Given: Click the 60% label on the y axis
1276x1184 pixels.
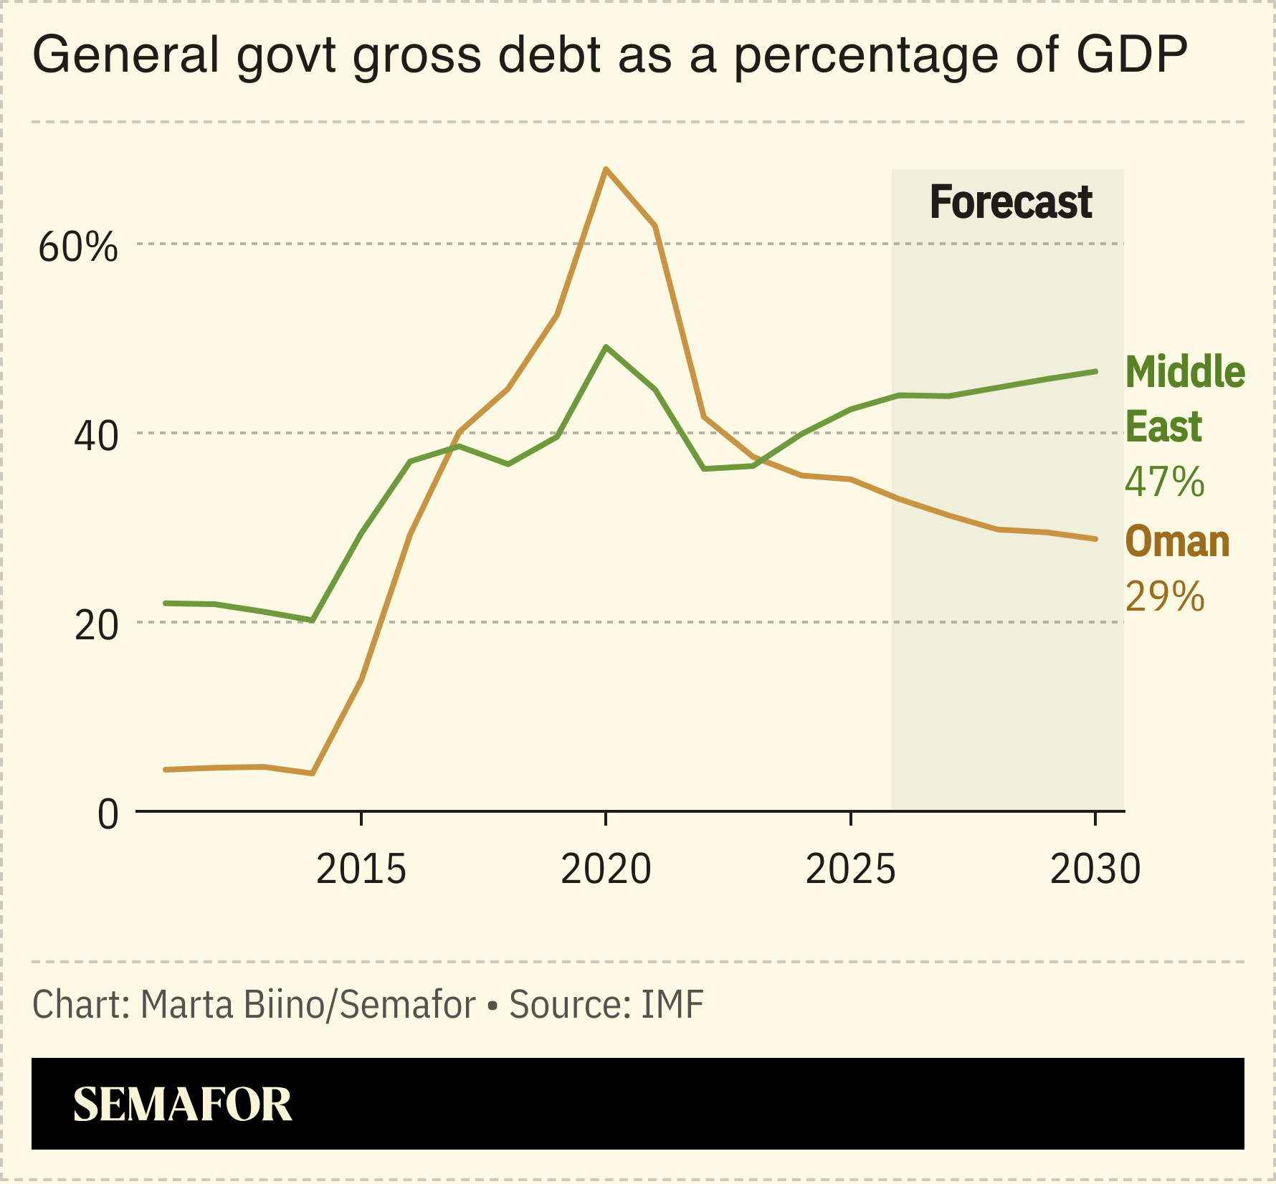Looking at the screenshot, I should point(77,248).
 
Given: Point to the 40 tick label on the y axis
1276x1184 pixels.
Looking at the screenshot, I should point(95,436).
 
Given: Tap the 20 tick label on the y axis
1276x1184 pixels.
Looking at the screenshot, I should point(95,626).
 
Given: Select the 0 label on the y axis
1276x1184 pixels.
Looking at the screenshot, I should point(108,815).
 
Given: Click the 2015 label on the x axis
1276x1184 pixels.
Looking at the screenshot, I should point(361,869).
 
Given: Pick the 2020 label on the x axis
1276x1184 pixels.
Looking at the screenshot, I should point(606,869).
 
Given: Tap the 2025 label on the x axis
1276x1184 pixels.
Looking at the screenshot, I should point(850,869).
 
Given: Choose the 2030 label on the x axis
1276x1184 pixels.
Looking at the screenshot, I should point(1095,869).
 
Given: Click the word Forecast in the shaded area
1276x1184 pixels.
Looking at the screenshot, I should point(1010,203).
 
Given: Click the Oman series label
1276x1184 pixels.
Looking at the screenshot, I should point(1177,542).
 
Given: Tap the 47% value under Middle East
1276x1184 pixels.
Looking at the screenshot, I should point(1164,482).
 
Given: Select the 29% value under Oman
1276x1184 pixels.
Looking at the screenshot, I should point(1164,596).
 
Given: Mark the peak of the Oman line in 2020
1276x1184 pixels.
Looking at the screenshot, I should point(606,169).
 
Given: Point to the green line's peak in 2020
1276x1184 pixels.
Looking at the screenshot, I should point(606,347).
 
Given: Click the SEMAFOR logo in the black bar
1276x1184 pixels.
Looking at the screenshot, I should point(182,1104).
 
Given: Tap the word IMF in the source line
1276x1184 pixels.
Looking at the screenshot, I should point(672,1005).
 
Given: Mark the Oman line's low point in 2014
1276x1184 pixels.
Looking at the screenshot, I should point(312,773).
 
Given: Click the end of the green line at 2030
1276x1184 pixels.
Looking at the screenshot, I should point(1095,371).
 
